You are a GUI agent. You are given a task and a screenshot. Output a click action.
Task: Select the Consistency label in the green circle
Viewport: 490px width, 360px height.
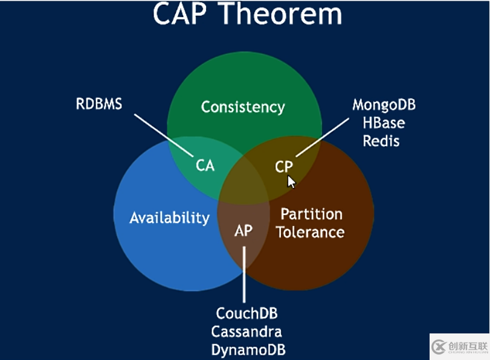pyautogui.click(x=243, y=108)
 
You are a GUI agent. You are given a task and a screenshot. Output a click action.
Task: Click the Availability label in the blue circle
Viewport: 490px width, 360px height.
pyautogui.click(x=169, y=217)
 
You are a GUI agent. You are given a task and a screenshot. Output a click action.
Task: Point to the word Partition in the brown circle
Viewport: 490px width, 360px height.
pyautogui.click(x=311, y=214)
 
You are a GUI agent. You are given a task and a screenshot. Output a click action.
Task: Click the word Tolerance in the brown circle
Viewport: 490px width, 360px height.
pyautogui.click(x=311, y=232)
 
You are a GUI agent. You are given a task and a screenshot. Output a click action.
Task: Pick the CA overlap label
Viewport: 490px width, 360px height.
pyautogui.click(x=205, y=165)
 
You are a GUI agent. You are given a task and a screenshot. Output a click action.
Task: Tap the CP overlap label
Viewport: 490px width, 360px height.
pyautogui.click(x=283, y=167)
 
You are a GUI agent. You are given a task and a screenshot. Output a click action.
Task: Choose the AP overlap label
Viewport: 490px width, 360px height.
pyautogui.click(x=243, y=231)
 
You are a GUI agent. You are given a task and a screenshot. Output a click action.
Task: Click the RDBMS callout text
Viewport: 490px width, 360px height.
pyautogui.click(x=99, y=104)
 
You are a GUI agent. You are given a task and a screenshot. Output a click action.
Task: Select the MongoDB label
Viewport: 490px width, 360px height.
pyautogui.click(x=384, y=104)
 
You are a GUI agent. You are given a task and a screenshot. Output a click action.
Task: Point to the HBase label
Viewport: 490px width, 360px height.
pyautogui.click(x=384, y=123)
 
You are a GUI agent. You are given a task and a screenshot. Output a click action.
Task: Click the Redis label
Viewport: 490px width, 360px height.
pyautogui.click(x=381, y=141)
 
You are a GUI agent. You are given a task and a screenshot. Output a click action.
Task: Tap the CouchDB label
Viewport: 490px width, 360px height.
pyautogui.click(x=247, y=314)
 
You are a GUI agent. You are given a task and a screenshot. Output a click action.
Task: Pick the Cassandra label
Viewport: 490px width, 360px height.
pyautogui.click(x=247, y=332)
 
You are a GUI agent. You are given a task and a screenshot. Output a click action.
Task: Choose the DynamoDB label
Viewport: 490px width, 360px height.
pyautogui.click(x=248, y=350)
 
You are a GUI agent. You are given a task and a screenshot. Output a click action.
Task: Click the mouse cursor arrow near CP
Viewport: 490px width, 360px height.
pyautogui.click(x=291, y=181)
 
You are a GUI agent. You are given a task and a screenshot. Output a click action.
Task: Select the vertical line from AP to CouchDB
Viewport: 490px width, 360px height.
pyautogui.click(x=244, y=272)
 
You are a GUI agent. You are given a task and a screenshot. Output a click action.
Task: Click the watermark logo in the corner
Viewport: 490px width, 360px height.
pyautogui.click(x=439, y=346)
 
